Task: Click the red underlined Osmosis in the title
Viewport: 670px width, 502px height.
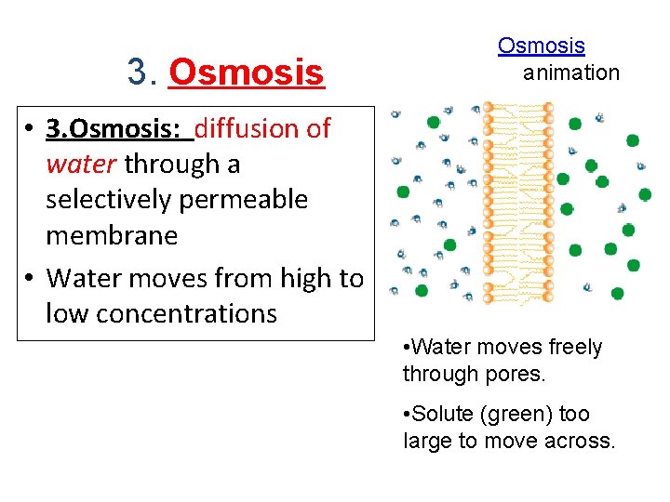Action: (x=247, y=72)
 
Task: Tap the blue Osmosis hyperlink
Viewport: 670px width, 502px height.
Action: (x=541, y=45)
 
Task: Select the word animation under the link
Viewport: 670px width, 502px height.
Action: (x=570, y=73)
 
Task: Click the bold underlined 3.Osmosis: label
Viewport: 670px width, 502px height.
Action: (x=116, y=128)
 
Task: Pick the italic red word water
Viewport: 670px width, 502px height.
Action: (x=81, y=165)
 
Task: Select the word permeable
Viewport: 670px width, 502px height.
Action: (x=248, y=200)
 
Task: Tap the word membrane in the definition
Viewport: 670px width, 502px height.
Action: (x=112, y=235)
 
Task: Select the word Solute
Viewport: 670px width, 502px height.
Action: (x=441, y=414)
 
